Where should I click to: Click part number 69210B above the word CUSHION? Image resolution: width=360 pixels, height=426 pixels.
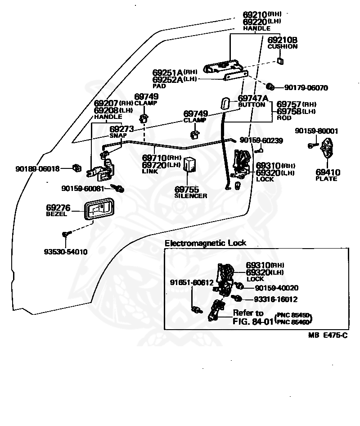tap(282, 40)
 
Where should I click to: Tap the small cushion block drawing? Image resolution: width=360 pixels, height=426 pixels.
tap(280, 61)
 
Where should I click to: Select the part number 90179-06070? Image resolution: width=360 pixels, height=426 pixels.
tap(306, 88)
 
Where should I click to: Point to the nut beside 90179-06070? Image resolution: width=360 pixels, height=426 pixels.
tap(270, 86)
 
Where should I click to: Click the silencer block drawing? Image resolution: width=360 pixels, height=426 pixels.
tap(190, 164)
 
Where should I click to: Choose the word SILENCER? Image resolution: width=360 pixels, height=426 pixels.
tap(191, 196)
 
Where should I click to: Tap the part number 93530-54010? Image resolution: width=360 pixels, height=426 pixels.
tap(66, 252)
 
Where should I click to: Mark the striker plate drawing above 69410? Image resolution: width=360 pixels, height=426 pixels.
tap(327, 148)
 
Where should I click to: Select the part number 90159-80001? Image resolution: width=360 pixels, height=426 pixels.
tap(316, 131)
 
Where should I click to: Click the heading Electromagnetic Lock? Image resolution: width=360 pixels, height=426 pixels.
tap(206, 243)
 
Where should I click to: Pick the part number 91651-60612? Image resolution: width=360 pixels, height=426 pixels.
tap(192, 282)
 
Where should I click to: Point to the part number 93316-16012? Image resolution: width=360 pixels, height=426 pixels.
tap(275, 299)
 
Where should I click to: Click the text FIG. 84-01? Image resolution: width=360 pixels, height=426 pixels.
tap(253, 322)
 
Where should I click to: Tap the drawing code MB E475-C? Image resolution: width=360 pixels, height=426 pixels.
tap(328, 335)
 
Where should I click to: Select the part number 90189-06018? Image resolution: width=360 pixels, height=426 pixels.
tap(37, 169)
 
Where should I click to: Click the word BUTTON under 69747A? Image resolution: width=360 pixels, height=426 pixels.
tap(252, 105)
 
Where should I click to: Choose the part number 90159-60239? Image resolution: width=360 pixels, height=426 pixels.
tap(261, 140)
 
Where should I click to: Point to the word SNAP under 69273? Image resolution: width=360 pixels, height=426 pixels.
tap(118, 136)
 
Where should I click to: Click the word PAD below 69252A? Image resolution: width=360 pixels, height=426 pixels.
tap(159, 86)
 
